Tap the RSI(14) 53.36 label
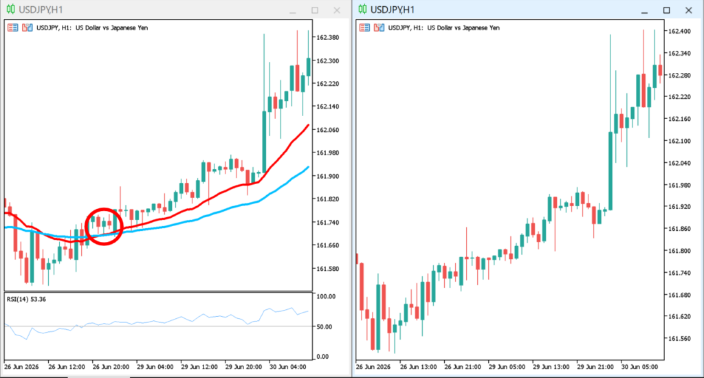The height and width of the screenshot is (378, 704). (x=26, y=300)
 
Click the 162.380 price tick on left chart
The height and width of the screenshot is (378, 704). (x=328, y=38)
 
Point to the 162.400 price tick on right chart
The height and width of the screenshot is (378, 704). (x=679, y=32)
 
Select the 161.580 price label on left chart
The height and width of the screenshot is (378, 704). (x=328, y=269)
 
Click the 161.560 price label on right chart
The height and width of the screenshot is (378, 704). (x=679, y=339)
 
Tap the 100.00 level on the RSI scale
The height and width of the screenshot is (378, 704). (x=326, y=297)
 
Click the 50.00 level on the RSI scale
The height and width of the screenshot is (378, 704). (x=324, y=327)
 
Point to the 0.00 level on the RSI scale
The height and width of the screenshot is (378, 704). (x=323, y=357)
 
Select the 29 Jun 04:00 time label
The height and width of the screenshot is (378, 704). (x=155, y=367)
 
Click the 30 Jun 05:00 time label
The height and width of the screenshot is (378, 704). (x=639, y=367)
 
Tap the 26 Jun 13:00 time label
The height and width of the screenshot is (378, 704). (x=419, y=367)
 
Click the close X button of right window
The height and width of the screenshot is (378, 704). (x=689, y=10)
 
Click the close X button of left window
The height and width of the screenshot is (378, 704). (x=337, y=10)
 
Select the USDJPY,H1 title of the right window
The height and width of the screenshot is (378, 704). (x=393, y=10)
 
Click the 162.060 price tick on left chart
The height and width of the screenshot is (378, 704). (x=328, y=130)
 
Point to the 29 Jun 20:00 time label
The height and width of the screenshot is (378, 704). (x=243, y=367)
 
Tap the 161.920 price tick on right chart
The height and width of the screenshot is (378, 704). (x=679, y=207)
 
